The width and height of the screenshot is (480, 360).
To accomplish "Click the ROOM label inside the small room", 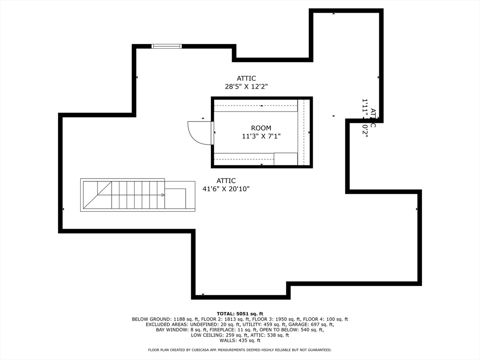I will [x=261, y=128].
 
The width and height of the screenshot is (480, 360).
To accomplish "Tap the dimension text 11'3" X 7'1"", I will [x=261, y=136].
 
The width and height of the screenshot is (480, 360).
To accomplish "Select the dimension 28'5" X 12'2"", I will [x=246, y=86].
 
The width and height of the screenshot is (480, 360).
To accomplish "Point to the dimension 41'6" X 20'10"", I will [x=226, y=189].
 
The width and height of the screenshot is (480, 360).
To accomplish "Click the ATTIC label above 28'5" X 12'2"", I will [x=246, y=78].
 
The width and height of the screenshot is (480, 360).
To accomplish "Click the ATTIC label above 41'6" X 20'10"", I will [x=226, y=180].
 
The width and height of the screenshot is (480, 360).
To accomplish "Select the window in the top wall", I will [x=166, y=46].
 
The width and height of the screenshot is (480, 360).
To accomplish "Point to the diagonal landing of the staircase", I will [x=97, y=195].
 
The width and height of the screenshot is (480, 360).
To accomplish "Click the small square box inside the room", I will [x=285, y=159].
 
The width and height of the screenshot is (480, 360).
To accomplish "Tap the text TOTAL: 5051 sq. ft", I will [x=240, y=314].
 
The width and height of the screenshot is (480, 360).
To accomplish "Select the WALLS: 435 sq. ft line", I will [x=240, y=340].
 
